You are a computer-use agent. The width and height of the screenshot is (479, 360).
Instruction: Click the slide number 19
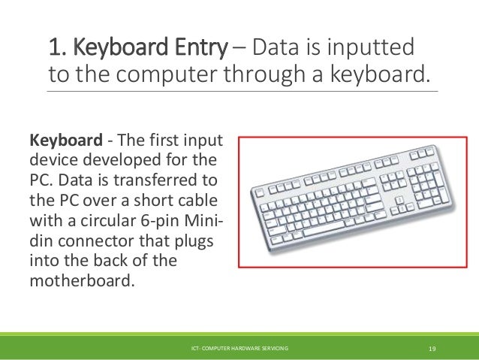click(x=432, y=349)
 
